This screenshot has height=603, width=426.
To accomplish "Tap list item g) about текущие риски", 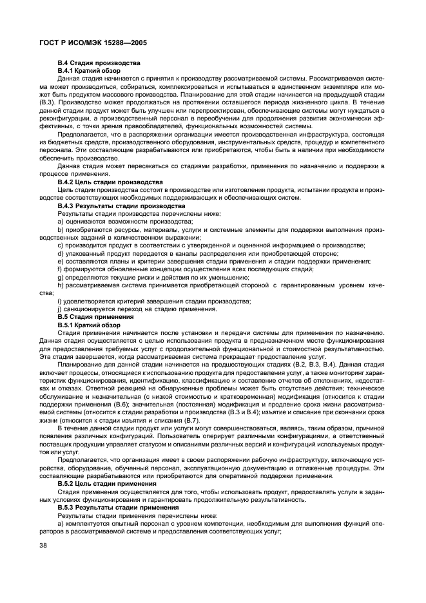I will click(154, 277).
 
